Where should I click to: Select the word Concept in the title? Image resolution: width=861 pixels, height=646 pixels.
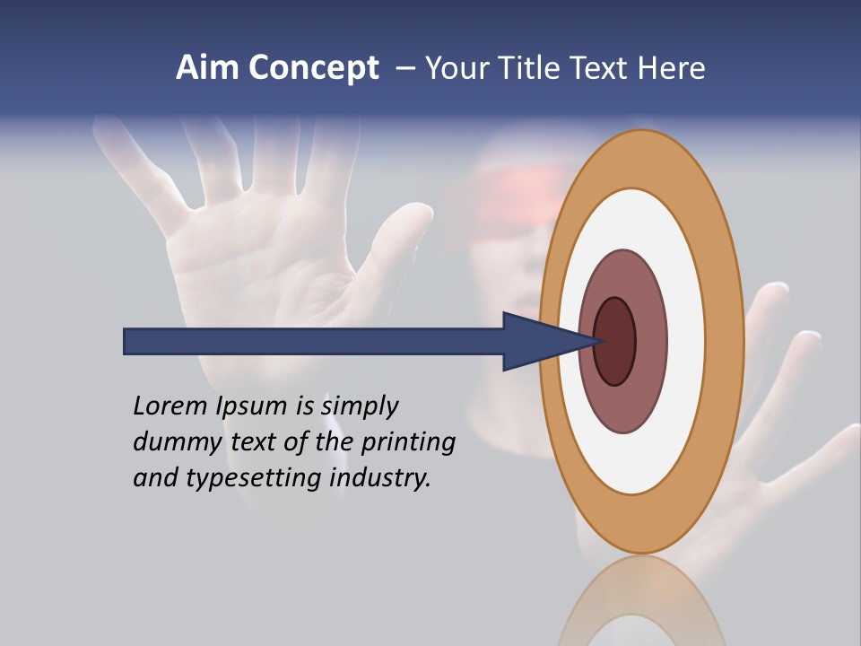313,68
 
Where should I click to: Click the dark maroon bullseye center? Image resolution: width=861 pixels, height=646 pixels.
615,342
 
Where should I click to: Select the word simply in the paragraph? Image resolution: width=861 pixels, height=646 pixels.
359,406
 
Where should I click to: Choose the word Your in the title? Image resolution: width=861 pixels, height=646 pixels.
455,68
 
